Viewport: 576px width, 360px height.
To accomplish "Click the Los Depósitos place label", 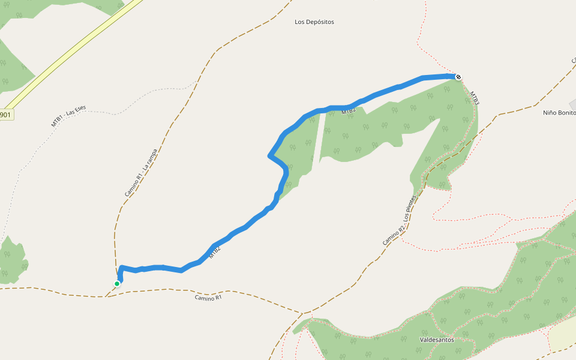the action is [x=314, y=22].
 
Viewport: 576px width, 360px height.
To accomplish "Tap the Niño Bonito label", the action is [x=559, y=112].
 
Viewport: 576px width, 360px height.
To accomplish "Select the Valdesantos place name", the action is [x=437, y=340].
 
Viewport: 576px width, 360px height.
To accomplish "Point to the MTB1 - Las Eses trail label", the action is [x=68, y=116].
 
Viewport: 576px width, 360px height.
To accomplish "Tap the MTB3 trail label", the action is [x=474, y=98].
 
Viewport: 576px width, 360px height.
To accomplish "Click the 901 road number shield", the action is [x=5, y=115].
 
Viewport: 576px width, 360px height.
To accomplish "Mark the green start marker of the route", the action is [x=117, y=284].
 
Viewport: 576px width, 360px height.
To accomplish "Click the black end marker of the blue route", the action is [x=458, y=77].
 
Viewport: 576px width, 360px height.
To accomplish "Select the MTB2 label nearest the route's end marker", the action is [x=349, y=111].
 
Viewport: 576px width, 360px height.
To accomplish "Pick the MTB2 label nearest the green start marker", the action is [x=215, y=253].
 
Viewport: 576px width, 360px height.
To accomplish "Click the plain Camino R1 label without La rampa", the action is [x=208, y=298].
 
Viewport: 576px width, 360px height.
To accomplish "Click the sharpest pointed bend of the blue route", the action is [x=269, y=156].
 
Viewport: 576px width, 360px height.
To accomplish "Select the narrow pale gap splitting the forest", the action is [x=322, y=138].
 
